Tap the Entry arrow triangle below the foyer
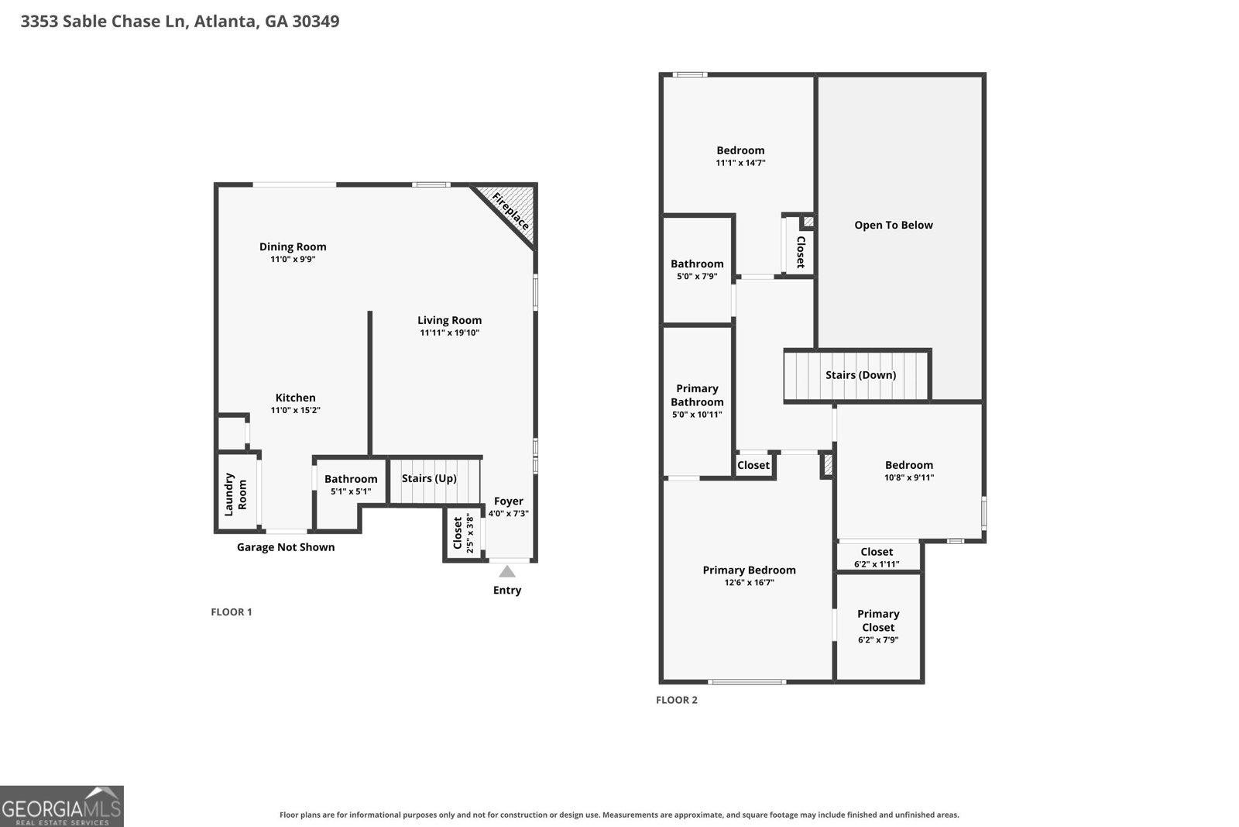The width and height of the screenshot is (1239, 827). coord(506,572)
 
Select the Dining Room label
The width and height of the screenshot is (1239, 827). coord(293,247)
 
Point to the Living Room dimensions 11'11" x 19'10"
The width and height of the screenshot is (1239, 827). coord(449,333)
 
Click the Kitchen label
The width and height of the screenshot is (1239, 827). coord(295,398)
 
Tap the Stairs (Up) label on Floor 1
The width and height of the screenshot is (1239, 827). coord(429,478)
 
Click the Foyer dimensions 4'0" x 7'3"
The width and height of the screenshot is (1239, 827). coord(508,514)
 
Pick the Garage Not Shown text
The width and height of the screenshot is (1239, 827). coord(286,547)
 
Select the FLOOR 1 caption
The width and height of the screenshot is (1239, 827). coord(232,612)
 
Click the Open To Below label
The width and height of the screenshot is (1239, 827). coord(894,226)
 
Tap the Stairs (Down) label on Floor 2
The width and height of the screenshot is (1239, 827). coord(860,375)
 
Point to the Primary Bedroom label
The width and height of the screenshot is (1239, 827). coord(749,570)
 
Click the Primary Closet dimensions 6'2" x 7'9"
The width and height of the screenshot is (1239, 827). coord(878,640)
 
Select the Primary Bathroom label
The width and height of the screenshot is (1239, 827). coord(697,395)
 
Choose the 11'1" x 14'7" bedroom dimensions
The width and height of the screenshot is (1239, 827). coord(740,163)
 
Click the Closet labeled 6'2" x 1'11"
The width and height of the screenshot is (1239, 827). coord(877,552)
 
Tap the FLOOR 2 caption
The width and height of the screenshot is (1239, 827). coord(677,700)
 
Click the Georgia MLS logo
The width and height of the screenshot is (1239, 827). coord(61,806)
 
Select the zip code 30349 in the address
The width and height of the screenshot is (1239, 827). coord(316,21)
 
